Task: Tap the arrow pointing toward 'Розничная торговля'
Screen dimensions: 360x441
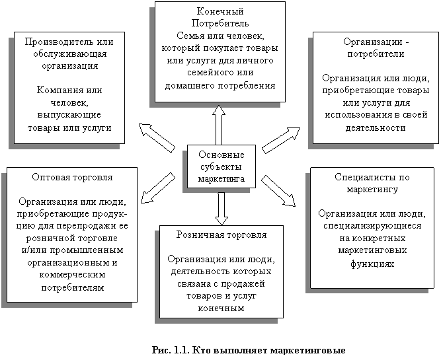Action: [x=221, y=207]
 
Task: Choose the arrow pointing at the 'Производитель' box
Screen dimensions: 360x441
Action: [x=157, y=137]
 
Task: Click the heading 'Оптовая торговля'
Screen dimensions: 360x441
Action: [x=72, y=178]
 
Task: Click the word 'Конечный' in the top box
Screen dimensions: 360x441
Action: [x=220, y=12]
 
